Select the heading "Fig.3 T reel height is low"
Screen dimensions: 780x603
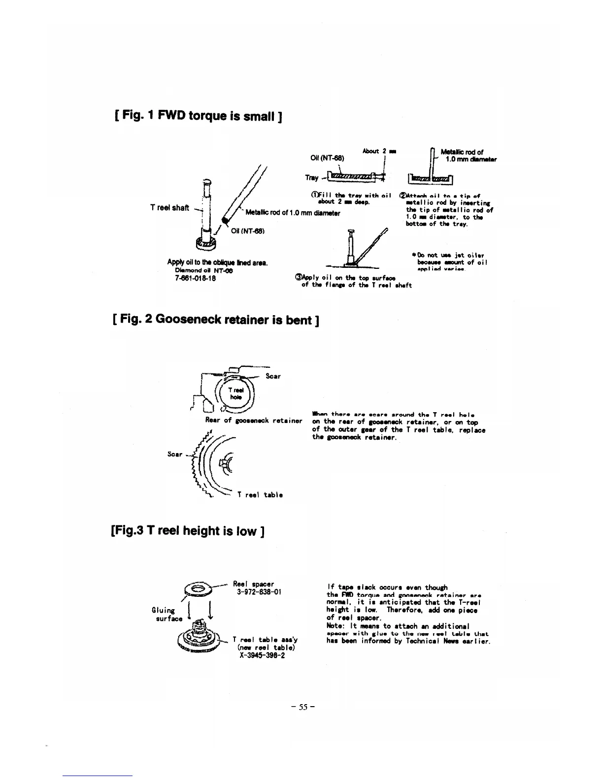(189, 531)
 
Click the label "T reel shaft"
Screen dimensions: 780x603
(169, 207)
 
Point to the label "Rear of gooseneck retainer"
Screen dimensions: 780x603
(253, 421)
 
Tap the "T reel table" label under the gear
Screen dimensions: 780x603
(260, 495)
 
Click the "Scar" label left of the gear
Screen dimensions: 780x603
(175, 454)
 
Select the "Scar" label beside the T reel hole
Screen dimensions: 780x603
(273, 376)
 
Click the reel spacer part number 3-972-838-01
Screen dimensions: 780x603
(259, 592)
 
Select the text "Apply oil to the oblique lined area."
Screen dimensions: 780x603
(217, 263)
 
